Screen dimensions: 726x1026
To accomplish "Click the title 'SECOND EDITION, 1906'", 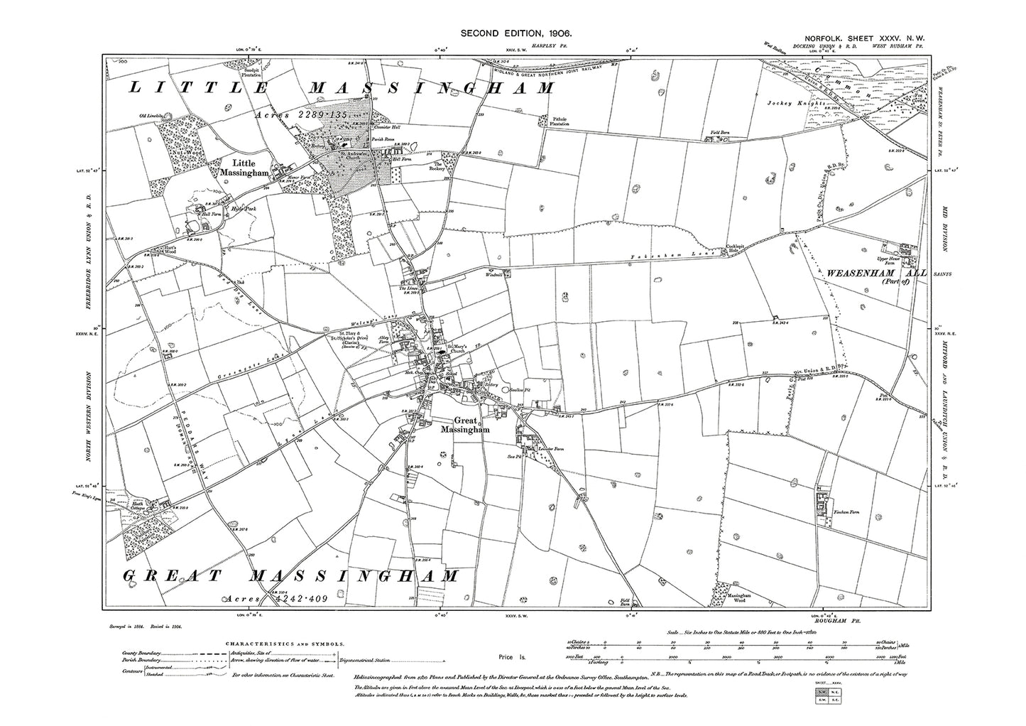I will coord(516,33).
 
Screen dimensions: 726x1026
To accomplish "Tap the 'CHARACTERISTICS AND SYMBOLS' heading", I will coord(285,643).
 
